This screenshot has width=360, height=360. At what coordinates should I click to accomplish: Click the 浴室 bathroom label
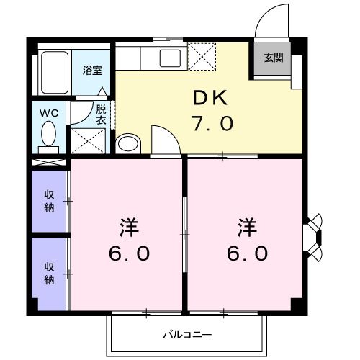click(x=91, y=71)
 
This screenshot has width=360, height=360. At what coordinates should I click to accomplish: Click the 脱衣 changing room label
click(x=101, y=114)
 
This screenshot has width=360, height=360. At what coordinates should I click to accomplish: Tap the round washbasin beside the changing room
click(x=127, y=143)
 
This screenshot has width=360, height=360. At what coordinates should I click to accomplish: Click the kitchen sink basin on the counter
click(x=171, y=58)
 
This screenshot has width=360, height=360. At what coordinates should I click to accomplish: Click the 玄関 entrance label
click(x=273, y=58)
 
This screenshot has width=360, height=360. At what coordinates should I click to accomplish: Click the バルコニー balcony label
click(x=186, y=335)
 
